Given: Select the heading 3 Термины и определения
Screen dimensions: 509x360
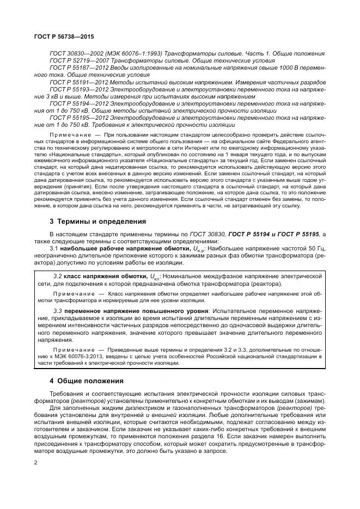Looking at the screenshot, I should tap(90, 221).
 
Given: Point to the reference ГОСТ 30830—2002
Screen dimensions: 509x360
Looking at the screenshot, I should tap(73, 53).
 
